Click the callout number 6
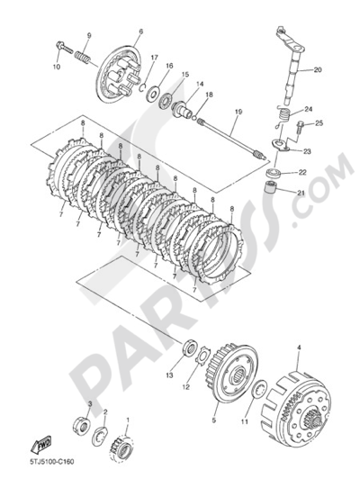pyautogui.click(x=140, y=32)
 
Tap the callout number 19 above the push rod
pyautogui.click(x=238, y=112)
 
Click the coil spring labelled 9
pyautogui.click(x=83, y=57)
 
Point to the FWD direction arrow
pyautogui.click(x=40, y=446)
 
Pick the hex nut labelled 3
pyautogui.click(x=82, y=424)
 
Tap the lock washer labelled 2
pyautogui.click(x=100, y=436)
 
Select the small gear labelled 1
pyautogui.click(x=121, y=449)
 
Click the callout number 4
pyautogui.click(x=299, y=348)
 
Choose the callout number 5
pyautogui.click(x=213, y=420)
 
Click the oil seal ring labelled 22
pyautogui.click(x=274, y=174)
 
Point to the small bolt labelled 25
pyautogui.click(x=300, y=127)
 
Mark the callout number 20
pyautogui.click(x=318, y=69)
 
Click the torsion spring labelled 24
pyautogui.click(x=283, y=116)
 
